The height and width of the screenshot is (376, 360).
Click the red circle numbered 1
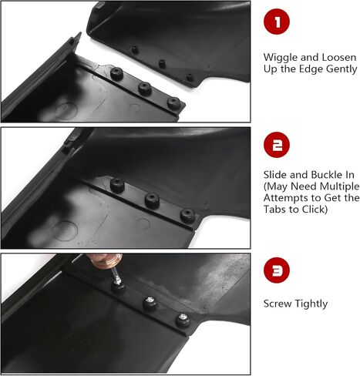277,22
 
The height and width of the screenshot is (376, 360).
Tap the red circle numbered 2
277,145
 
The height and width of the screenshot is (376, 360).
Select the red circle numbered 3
277,270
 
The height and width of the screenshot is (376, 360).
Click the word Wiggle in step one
281,58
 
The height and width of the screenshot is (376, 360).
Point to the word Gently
341,69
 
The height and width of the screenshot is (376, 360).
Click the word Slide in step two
275,175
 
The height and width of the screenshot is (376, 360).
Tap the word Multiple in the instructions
338,186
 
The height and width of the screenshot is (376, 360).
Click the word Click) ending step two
315,210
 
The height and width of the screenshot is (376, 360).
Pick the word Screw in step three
278,304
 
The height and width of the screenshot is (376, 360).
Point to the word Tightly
311,304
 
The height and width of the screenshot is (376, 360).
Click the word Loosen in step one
339,58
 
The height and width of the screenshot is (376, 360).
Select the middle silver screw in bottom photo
149,300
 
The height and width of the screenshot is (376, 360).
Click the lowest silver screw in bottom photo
183,316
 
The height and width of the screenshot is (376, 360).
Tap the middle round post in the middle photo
152,200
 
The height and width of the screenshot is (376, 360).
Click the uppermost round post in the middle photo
117,186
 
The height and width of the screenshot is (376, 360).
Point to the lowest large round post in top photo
174,103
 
